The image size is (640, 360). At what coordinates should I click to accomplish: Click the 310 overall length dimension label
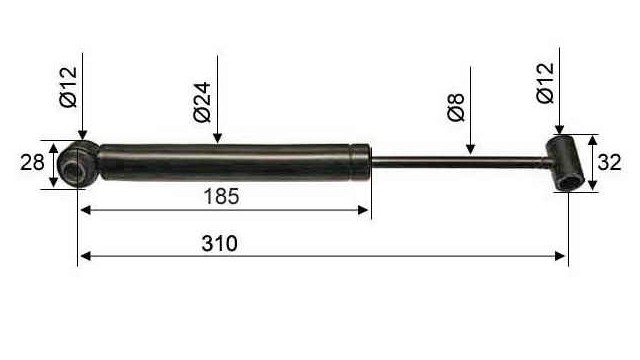pos(219,244)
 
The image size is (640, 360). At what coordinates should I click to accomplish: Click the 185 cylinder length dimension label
pos(221,196)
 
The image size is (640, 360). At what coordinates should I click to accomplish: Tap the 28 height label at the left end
pos(32,162)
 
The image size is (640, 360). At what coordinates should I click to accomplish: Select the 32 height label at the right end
pos(609,162)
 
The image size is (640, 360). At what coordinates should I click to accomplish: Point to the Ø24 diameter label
pos(202,102)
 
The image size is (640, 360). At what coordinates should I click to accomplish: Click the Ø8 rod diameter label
pos(456,107)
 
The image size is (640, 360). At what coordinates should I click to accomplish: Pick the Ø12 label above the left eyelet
pos(68,87)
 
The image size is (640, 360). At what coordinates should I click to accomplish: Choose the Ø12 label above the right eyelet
pos(545,83)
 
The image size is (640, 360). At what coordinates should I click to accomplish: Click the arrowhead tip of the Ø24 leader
pos(218,143)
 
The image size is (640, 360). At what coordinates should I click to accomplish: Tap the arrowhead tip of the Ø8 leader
pos(471,155)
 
